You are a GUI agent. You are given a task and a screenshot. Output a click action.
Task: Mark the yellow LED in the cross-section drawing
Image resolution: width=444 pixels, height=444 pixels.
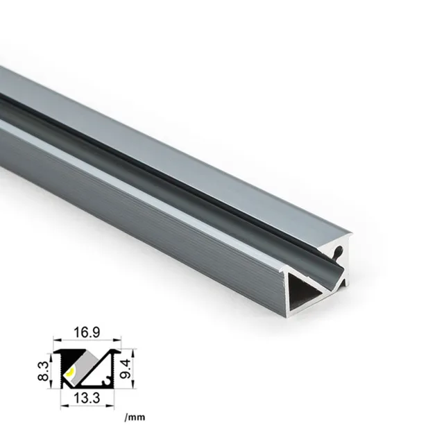[x=69, y=375]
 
